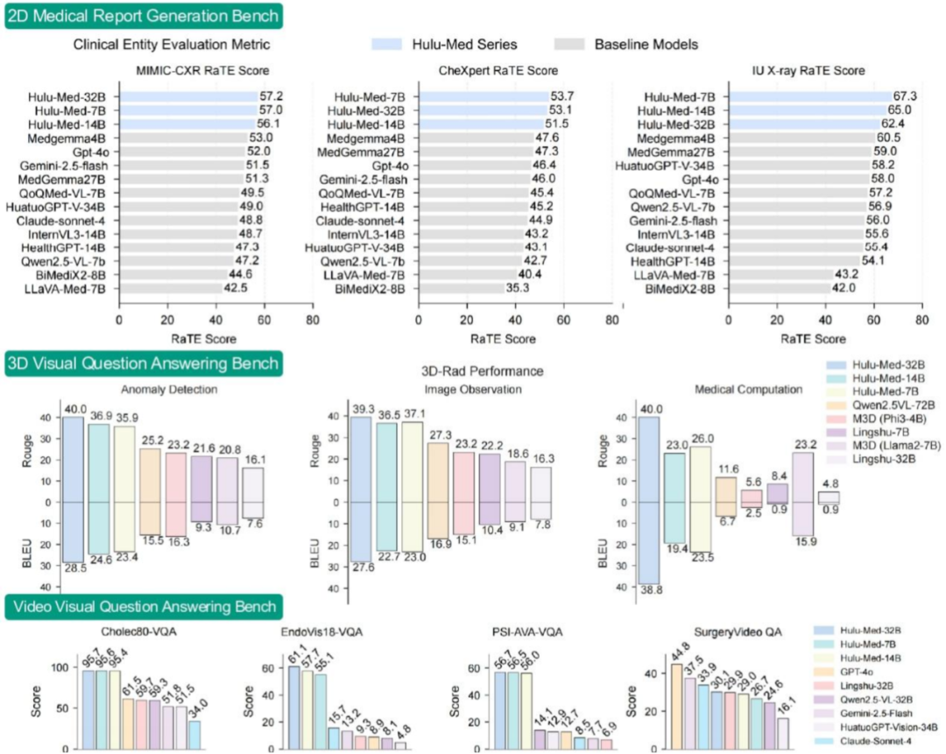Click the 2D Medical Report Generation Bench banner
(145, 15)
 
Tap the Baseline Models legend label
(646, 44)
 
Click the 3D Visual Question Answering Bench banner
(144, 363)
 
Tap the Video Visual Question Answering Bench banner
(144, 606)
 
